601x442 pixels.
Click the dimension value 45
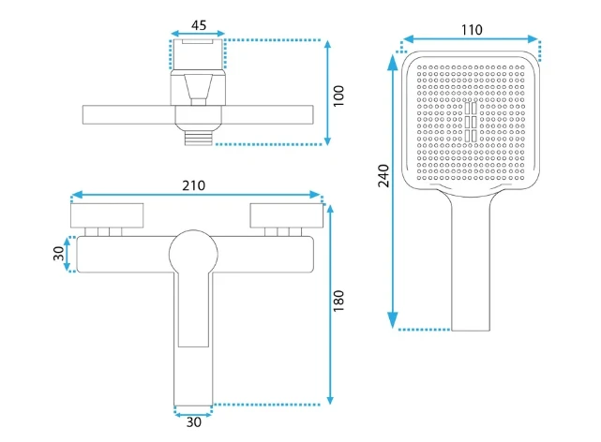199,25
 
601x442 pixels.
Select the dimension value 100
338,96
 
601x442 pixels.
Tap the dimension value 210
193,185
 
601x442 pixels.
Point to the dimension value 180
338,301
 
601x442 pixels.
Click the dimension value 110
472,30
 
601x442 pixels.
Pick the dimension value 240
383,176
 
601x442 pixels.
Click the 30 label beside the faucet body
59,254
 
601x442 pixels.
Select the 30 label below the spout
193,422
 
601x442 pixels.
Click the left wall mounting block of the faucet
107,215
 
